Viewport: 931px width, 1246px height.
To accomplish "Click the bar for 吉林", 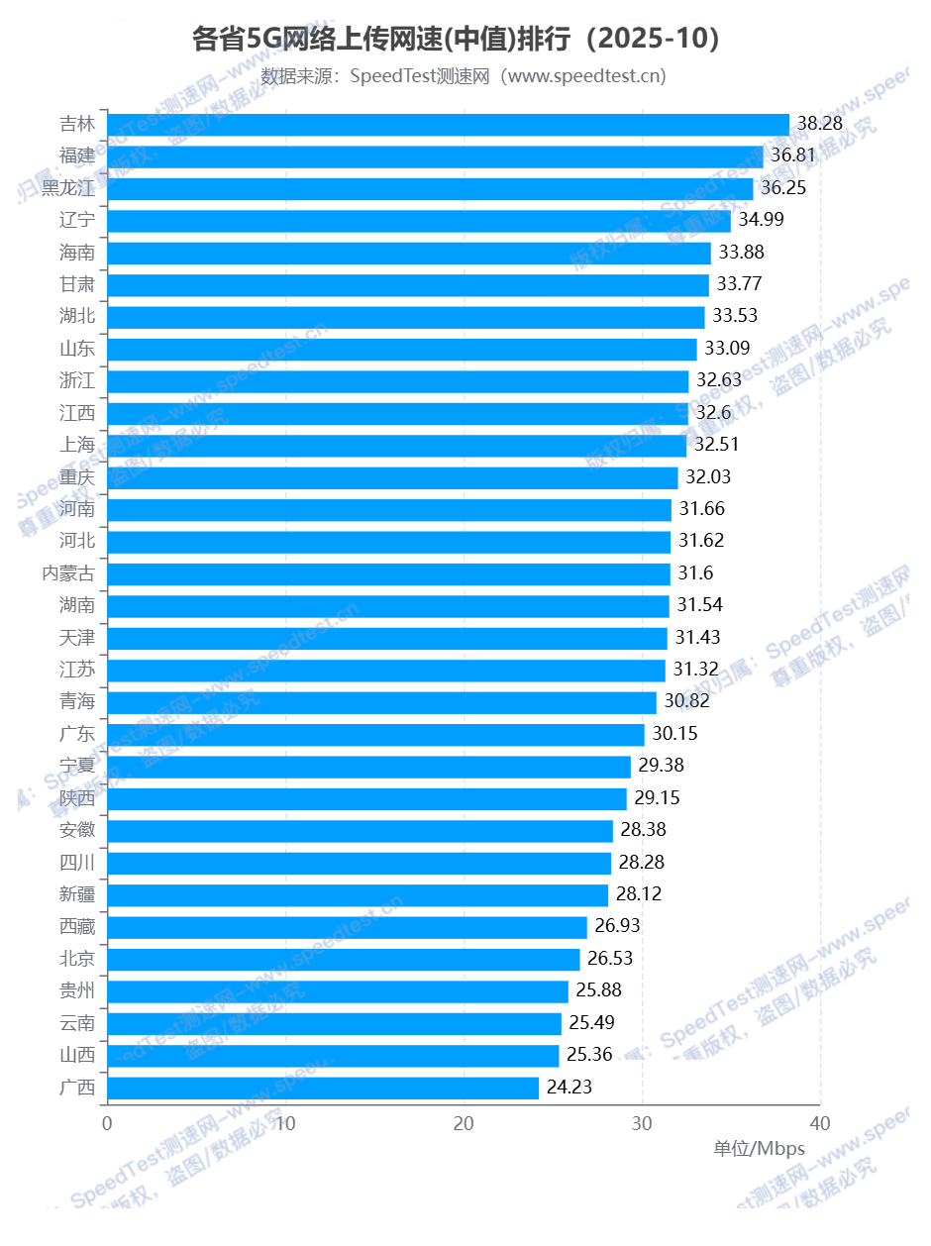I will (x=448, y=125).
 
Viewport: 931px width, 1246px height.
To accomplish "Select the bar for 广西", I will (x=323, y=1088).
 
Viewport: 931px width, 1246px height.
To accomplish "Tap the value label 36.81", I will (x=796, y=156).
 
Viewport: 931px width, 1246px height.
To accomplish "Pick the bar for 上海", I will (x=396, y=446).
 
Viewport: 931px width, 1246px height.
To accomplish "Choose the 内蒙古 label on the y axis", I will (x=68, y=573).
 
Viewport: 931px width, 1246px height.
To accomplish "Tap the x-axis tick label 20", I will (x=464, y=1123).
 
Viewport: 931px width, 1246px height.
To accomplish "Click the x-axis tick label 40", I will (x=820, y=1123).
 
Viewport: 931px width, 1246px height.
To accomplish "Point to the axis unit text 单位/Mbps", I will (x=759, y=1149).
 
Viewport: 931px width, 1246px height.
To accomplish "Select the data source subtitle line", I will (x=464, y=76).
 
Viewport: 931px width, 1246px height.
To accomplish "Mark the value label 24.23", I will (x=569, y=1088).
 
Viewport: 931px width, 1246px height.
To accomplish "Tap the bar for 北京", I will (x=343, y=959).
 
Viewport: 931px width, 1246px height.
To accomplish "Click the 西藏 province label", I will (x=77, y=927).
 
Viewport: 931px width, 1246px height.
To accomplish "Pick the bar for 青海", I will (x=381, y=702).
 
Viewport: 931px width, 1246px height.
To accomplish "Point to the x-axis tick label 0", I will (x=107, y=1123).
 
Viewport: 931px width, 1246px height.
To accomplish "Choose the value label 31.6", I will (x=696, y=573).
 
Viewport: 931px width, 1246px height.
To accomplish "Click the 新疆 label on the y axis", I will (x=77, y=895).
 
